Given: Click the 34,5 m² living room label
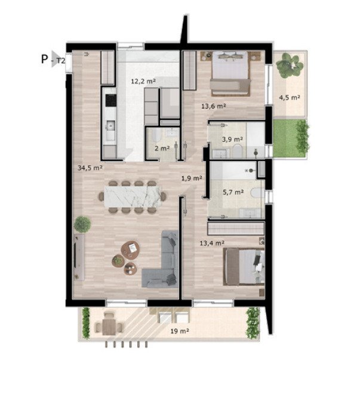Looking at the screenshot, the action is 90,168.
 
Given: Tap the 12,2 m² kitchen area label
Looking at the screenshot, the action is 143,81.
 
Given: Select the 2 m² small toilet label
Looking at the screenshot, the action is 162,148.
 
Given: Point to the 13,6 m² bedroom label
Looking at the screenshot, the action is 214,106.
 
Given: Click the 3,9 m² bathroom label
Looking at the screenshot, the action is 232,140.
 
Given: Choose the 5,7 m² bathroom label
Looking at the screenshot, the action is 233,192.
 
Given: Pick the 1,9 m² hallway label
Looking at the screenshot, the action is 192,178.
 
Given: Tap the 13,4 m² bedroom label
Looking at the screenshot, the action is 212,243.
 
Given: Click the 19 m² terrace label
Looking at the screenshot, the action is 180,331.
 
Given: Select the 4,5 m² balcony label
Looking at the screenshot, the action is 290,97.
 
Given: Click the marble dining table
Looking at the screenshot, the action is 133,196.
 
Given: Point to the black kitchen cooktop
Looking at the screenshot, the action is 111,100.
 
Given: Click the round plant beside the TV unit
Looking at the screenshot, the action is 82,224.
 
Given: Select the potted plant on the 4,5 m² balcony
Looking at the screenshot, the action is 290,66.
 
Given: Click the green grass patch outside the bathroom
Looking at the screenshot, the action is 290,138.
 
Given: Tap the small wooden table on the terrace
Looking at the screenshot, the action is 109,327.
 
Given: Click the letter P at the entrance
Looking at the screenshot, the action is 44,59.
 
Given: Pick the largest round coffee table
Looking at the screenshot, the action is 130,249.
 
